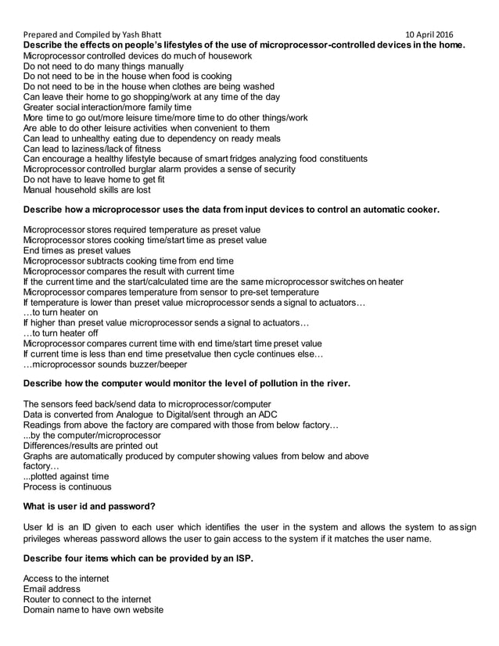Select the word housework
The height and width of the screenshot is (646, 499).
[x=227, y=56]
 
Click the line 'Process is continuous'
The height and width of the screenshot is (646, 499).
[x=68, y=486]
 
